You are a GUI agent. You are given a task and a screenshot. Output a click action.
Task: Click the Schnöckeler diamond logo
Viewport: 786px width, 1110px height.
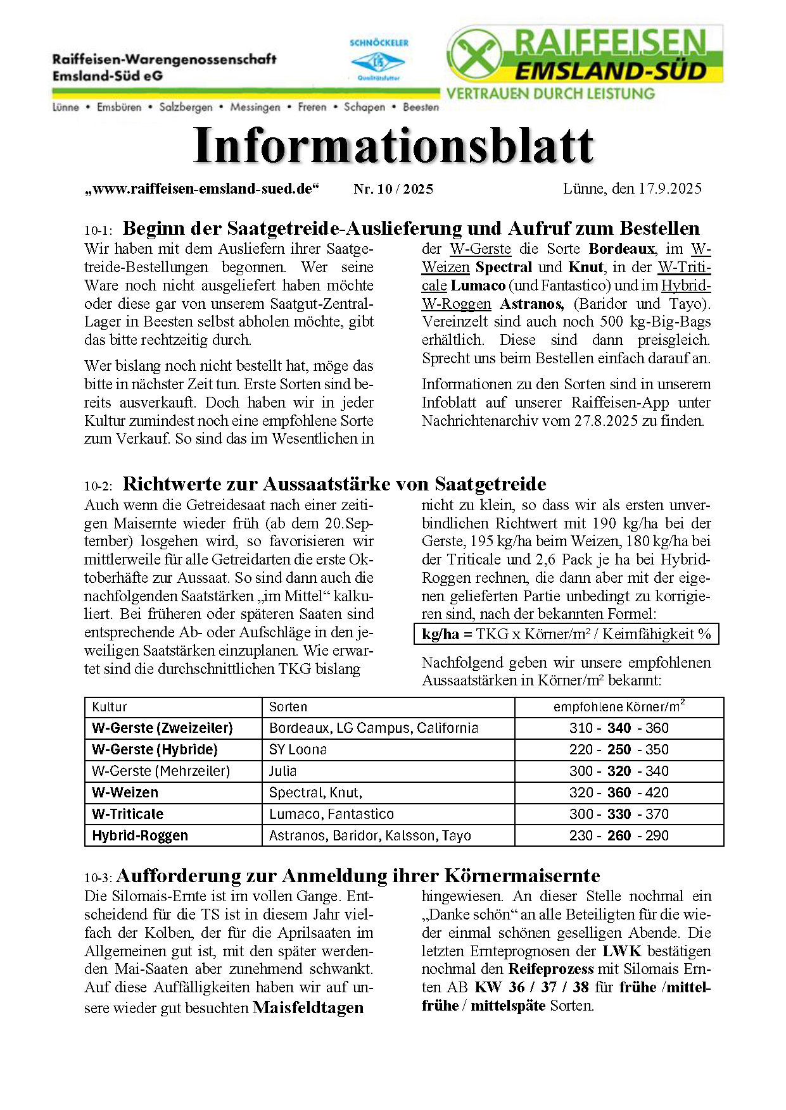[378, 62]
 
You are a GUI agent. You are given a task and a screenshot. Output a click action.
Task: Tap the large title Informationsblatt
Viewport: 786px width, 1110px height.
[393, 146]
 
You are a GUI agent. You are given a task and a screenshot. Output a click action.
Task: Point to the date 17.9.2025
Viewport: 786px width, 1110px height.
[669, 189]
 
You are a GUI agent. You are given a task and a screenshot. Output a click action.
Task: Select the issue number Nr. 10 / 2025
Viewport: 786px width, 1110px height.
[393, 189]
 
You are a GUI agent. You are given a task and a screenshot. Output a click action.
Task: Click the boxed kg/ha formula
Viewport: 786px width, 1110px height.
[566, 634]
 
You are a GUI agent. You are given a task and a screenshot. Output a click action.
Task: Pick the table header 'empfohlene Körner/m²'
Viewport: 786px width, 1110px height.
[619, 707]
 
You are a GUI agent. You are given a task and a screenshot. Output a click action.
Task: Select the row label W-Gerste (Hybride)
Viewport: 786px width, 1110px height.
[155, 750]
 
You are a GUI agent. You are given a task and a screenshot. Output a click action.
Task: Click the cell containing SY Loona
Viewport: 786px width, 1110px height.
[298, 750]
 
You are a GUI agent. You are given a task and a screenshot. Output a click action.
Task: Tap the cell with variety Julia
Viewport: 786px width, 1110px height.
[282, 771]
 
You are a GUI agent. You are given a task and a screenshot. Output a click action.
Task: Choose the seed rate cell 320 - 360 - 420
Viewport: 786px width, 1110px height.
[619, 793]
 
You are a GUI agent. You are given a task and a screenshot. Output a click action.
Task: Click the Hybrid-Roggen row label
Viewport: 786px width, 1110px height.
[140, 836]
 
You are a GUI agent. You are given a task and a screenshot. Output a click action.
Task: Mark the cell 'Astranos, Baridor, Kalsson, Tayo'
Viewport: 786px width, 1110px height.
[370, 836]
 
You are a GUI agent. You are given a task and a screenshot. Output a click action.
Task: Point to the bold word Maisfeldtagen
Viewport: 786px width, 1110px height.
[308, 1008]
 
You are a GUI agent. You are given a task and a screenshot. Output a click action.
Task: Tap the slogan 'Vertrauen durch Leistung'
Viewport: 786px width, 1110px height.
[550, 94]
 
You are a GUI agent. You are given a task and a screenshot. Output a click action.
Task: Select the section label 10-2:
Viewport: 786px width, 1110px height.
[98, 486]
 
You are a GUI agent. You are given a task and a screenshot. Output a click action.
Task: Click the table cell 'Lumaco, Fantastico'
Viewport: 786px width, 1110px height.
[331, 814]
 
